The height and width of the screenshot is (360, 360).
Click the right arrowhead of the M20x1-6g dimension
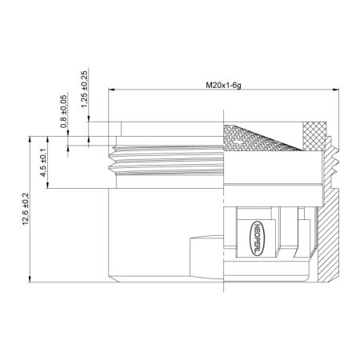tap(336, 92)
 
